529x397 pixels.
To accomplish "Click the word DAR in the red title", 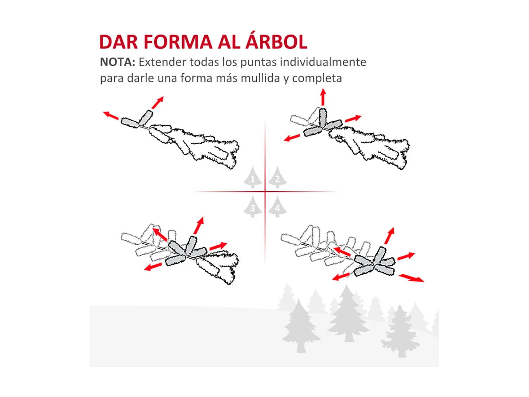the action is coord(119,42).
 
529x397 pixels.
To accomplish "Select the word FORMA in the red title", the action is coord(178,42).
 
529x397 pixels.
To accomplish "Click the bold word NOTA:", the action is coord(117,62).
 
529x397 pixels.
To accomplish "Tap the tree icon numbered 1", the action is coord(253,177).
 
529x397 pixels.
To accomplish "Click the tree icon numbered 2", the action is coord(277,177).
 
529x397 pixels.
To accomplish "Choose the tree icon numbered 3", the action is coord(253,206).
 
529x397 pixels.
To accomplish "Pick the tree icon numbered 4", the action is coord(277,206).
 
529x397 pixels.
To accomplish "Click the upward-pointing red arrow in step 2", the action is coord(323,97).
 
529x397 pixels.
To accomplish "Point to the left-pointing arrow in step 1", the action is coord(111,115).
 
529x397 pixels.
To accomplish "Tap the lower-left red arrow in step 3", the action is coord(153,266).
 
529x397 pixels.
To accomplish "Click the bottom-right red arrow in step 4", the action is coord(411,278).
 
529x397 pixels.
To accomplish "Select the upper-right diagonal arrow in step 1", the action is coord(158,102).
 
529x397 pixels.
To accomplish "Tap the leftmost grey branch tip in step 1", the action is coord(130,123).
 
